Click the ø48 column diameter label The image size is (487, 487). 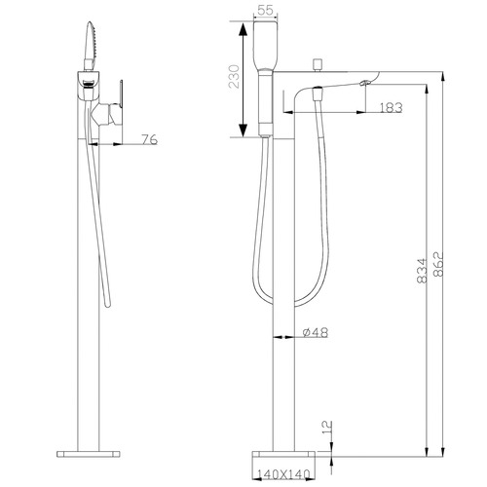click(314, 333)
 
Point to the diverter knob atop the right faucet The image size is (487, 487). click(318, 66)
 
